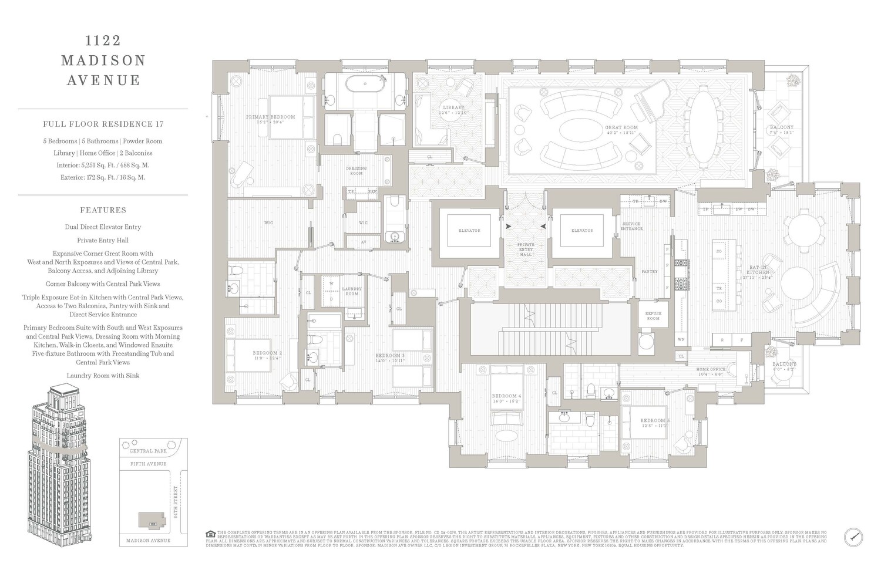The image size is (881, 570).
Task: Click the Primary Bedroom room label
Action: point(270,117)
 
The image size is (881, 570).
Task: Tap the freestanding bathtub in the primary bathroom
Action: point(365,84)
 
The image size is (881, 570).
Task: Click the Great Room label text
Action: point(621,127)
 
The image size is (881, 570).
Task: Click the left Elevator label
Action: point(469,231)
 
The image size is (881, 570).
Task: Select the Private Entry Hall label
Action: point(525,249)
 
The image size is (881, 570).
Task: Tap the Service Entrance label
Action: point(631,226)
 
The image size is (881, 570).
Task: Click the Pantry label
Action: point(649,271)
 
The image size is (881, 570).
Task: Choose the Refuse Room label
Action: point(653,316)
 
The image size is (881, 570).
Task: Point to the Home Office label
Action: point(711,369)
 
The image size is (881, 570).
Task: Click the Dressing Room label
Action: point(356,171)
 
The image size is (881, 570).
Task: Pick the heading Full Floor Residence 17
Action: point(103,124)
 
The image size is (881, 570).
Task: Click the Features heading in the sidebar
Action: point(103,210)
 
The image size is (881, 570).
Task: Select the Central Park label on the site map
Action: point(148,451)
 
